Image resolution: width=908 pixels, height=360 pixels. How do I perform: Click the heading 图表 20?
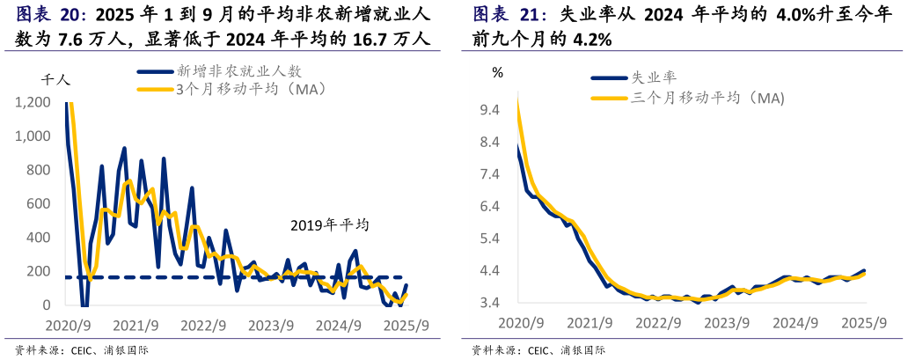(x=52, y=15)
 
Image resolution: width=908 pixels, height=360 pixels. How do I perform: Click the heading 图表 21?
(x=509, y=15)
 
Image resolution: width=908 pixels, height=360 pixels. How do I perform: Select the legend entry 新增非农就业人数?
(x=238, y=71)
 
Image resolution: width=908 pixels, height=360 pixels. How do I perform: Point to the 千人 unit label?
(x=55, y=79)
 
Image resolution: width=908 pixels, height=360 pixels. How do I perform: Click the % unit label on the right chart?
(x=498, y=73)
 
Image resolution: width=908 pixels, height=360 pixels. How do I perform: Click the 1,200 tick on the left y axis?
(x=33, y=103)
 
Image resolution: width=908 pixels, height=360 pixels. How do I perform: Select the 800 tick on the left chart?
(x=40, y=170)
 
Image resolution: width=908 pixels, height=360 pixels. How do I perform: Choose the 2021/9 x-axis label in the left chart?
(x=136, y=325)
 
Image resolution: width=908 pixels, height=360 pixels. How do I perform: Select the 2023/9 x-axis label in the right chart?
(x=725, y=323)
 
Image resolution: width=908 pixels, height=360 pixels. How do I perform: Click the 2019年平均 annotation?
(x=329, y=225)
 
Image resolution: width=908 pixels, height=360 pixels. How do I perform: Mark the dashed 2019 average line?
(x=264, y=278)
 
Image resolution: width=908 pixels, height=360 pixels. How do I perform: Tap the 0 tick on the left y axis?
(x=49, y=305)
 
